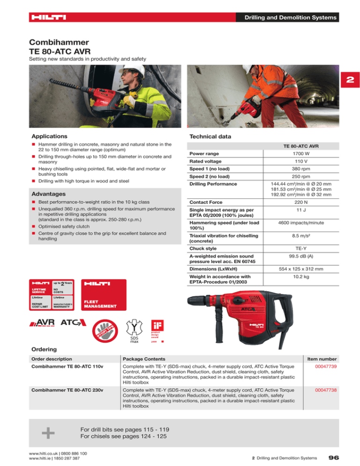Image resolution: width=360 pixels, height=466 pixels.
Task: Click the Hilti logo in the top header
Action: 49,18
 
